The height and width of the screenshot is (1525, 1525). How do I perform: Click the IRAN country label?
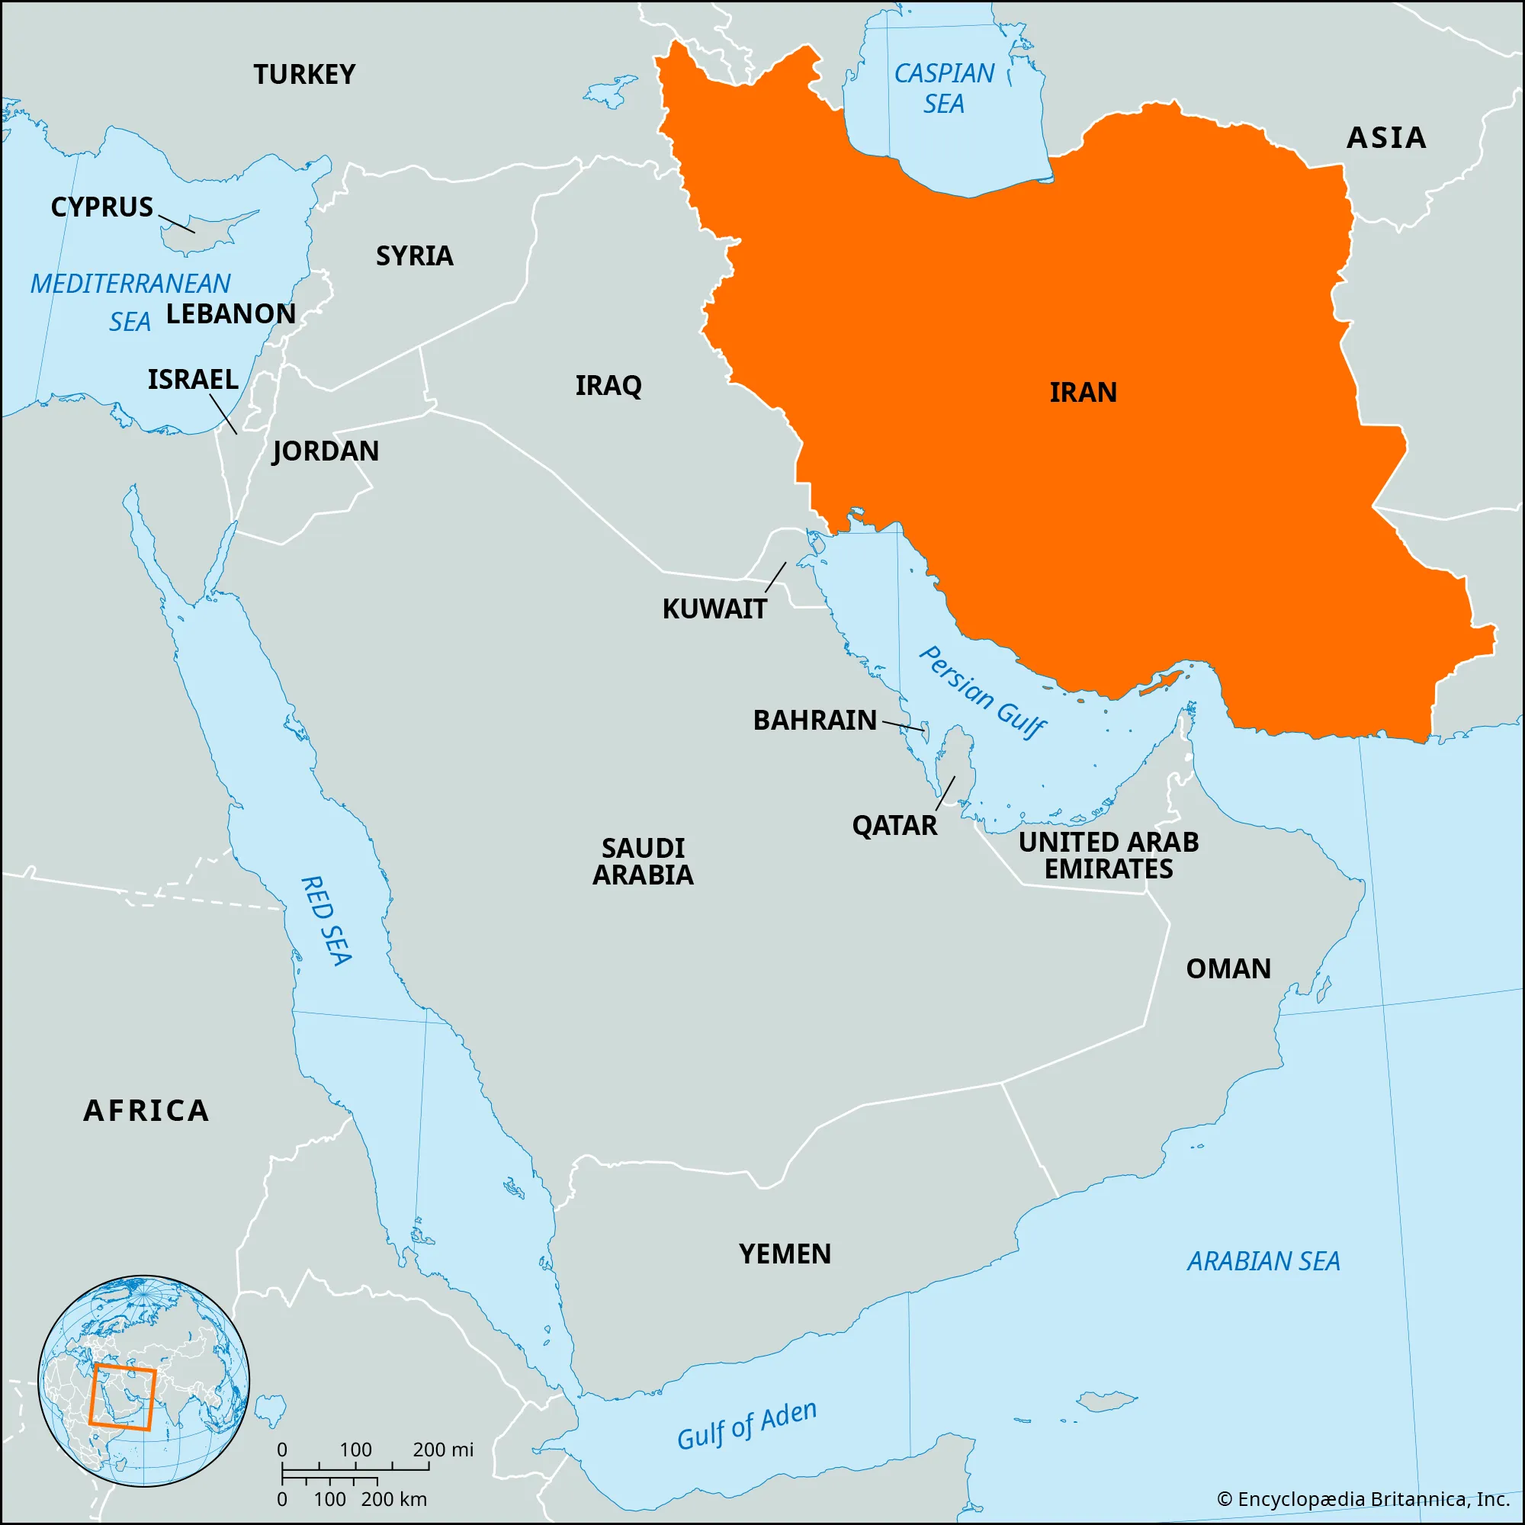pos(1083,392)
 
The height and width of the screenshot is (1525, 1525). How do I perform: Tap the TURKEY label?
pos(304,75)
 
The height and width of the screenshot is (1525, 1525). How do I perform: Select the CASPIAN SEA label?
pos(944,88)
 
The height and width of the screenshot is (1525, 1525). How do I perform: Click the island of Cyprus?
pos(207,231)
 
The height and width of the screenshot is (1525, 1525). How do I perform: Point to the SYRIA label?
pos(414,255)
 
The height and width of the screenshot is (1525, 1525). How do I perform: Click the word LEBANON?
pos(230,314)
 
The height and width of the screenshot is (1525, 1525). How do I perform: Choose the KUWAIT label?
pos(714,609)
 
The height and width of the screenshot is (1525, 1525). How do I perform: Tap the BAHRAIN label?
pos(814,720)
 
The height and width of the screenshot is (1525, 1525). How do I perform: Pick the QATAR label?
pos(894,826)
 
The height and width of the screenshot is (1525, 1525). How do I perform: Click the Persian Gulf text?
pos(983,692)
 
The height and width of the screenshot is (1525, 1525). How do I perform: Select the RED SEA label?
pos(326,920)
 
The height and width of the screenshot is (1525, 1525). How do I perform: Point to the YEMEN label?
pos(785,1254)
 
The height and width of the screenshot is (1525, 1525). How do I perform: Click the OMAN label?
pos(1228,968)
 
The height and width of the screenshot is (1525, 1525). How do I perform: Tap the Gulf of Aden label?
pos(746,1426)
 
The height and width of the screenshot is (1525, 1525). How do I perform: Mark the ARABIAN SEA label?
pos(1263,1261)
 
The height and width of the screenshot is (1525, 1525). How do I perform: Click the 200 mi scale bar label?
pos(443,1450)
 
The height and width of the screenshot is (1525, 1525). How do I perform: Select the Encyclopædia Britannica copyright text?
pos(1363,1498)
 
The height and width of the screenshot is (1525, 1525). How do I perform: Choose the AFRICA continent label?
pos(147,1111)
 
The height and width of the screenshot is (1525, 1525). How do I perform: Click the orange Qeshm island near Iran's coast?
pos(1163,682)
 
